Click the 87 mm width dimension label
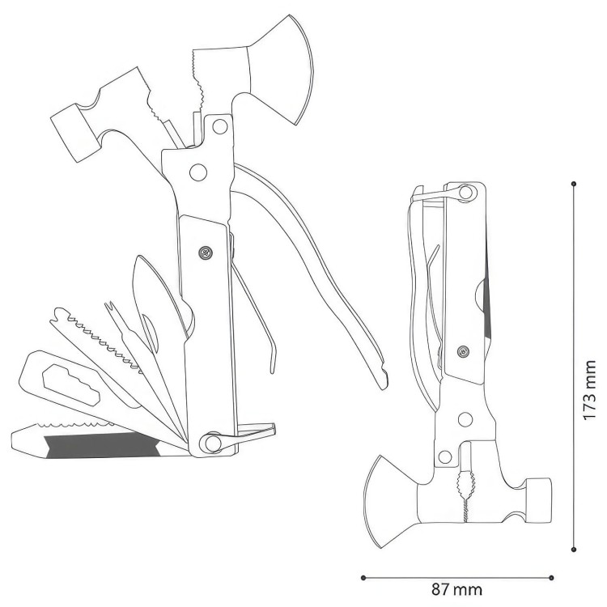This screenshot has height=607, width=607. click(461, 587)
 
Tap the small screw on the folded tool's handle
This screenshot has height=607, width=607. click(463, 350)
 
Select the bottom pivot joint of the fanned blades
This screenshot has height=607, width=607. click(211, 443)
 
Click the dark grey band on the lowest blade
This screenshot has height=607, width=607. click(97, 445)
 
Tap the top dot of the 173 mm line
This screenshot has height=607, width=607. click(573, 183)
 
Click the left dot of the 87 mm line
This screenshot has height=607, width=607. click(363, 577)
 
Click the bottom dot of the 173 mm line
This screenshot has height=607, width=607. click(573, 550)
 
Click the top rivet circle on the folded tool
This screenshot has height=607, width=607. click(465, 192)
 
